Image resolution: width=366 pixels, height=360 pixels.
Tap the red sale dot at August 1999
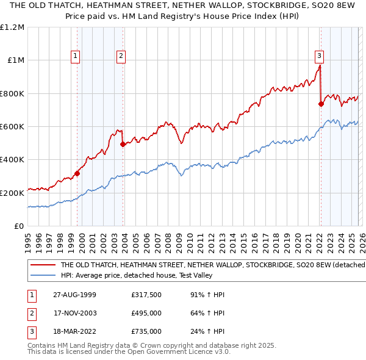pos(77,174)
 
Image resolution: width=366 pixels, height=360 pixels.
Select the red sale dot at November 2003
pos(123,145)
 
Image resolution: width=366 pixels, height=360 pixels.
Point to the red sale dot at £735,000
pos(321,104)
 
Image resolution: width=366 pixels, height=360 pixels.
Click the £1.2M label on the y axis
pos(13,27)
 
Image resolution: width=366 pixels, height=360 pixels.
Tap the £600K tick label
pos(12,127)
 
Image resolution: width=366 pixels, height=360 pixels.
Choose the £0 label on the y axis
pos(19,226)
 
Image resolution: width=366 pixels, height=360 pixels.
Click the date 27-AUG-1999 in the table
pos(74,295)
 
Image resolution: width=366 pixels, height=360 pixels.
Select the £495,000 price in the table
pos(146,313)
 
